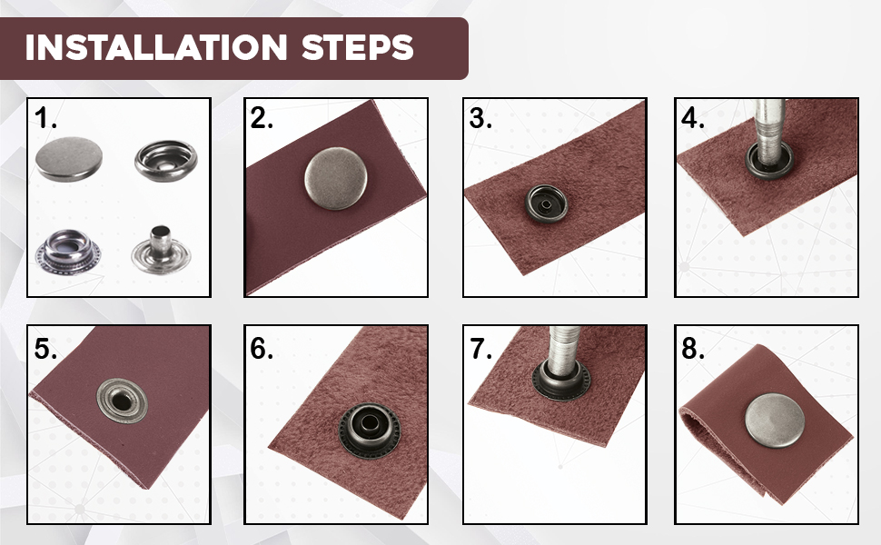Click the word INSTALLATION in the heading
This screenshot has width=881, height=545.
(170, 47)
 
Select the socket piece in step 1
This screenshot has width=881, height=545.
(165, 160)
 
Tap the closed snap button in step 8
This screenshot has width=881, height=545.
(774, 420)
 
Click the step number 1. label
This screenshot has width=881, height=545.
(47, 119)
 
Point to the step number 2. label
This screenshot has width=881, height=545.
(263, 119)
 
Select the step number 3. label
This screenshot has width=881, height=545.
(481, 119)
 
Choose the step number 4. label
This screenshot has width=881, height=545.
(693, 119)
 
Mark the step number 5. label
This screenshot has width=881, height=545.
(47, 348)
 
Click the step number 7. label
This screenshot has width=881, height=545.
(481, 348)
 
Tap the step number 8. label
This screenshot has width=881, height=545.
(693, 348)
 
